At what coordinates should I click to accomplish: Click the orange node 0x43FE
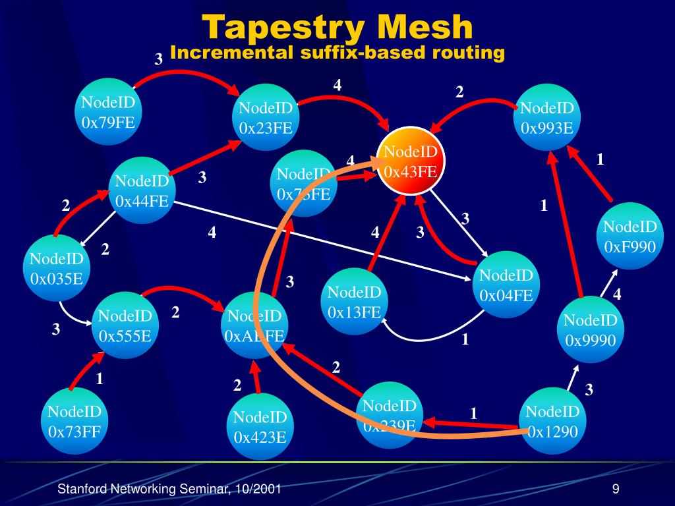[411, 162]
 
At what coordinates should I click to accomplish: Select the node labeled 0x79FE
[109, 113]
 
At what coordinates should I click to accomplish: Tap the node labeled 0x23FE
[266, 118]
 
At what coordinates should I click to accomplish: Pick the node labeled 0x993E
[546, 118]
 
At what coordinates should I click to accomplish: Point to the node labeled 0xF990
[630, 237]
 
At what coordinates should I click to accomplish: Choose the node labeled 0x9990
[591, 330]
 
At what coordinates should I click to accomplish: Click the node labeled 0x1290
[552, 422]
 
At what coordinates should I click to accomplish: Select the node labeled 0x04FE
[506, 285]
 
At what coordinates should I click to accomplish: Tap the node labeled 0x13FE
[355, 302]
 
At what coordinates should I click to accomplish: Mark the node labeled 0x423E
[260, 426]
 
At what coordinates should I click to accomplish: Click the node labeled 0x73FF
[74, 422]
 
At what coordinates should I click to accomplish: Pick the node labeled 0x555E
[125, 326]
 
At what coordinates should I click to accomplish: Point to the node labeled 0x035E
[57, 268]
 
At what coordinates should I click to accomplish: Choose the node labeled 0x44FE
[142, 190]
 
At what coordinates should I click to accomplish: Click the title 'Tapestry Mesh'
[337, 28]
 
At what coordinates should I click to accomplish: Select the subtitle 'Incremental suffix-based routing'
[337, 53]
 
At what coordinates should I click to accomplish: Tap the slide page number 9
[615, 489]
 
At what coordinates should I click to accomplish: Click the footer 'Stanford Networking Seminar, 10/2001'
[170, 489]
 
